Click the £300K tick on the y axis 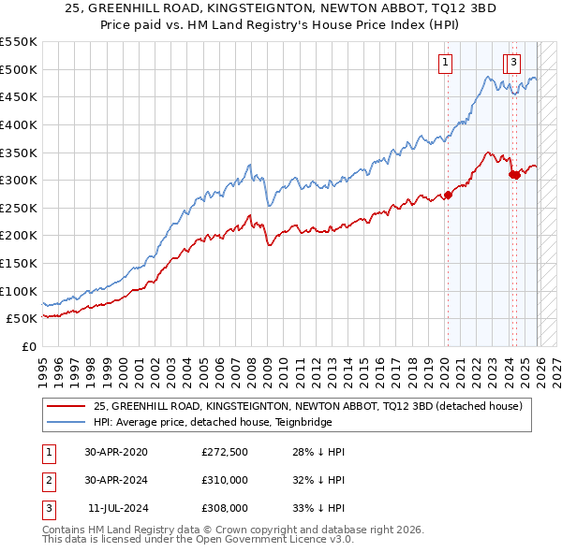point(18,180)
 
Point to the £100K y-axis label point(18,291)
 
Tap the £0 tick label point(27,346)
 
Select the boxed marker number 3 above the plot point(515,64)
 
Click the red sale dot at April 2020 point(447,195)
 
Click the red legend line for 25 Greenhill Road point(67,406)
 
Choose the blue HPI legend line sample point(67,422)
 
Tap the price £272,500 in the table point(225,452)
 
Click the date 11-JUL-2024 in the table point(117,508)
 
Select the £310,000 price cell point(225,480)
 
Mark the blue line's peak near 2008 point(249,165)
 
